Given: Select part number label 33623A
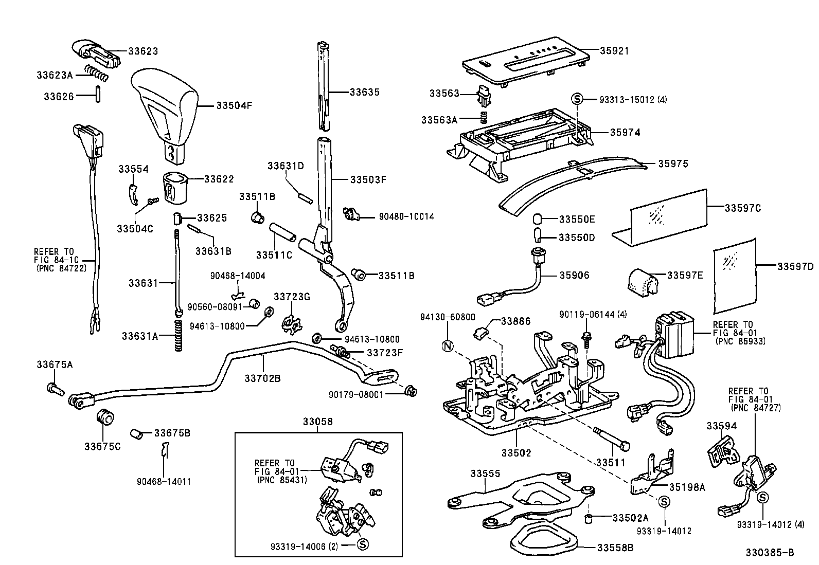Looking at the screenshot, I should click(54, 75).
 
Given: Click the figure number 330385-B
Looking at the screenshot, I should click(770, 553).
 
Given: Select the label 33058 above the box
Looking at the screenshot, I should click(317, 422).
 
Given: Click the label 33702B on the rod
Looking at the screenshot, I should click(262, 379).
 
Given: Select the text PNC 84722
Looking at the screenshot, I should click(61, 268).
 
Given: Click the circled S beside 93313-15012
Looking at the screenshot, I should click(577, 99).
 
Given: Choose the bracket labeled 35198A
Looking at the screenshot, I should click(651, 476).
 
